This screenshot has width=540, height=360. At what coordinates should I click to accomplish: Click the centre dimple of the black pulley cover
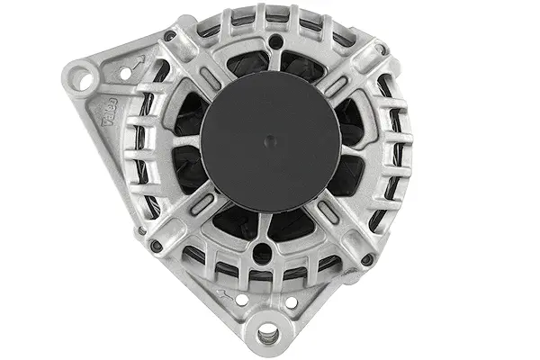[270, 139]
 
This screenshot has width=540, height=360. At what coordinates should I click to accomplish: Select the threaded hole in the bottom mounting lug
[267, 337]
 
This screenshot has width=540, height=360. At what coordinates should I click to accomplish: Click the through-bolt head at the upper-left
[170, 37]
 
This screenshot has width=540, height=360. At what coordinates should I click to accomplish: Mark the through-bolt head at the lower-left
[157, 245]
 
